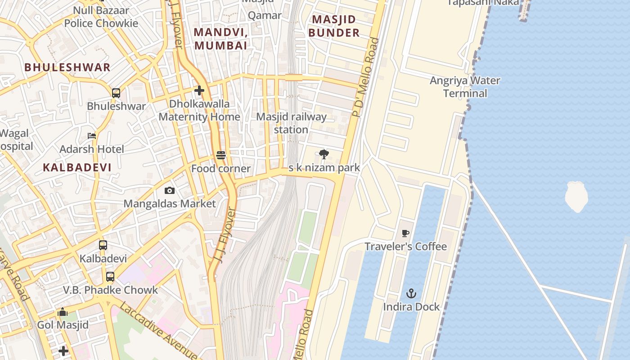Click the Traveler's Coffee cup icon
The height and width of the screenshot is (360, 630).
(405, 233)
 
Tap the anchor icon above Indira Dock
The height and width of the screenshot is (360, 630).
(411, 294)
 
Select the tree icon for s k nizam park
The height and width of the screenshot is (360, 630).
(324, 155)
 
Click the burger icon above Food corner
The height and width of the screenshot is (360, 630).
(220, 155)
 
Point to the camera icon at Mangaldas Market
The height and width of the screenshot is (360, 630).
(169, 190)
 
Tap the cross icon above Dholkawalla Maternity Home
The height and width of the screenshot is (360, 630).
(199, 90)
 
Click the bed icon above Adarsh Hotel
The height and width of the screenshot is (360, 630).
(92, 135)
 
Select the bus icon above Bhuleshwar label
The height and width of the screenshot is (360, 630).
(116, 93)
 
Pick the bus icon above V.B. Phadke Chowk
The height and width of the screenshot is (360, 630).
(110, 277)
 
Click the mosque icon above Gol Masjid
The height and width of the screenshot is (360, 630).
(63, 312)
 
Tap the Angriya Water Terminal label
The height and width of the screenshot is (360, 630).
(465, 87)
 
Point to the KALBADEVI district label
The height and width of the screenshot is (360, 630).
(77, 167)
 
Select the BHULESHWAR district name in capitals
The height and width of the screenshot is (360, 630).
(67, 67)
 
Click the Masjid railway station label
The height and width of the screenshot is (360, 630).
(291, 123)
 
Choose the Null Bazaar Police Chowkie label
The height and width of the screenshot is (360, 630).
(101, 17)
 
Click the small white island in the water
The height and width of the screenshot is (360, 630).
(576, 196)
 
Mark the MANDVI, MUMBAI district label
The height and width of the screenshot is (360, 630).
(220, 39)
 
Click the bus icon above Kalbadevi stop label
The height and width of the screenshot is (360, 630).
(103, 245)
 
